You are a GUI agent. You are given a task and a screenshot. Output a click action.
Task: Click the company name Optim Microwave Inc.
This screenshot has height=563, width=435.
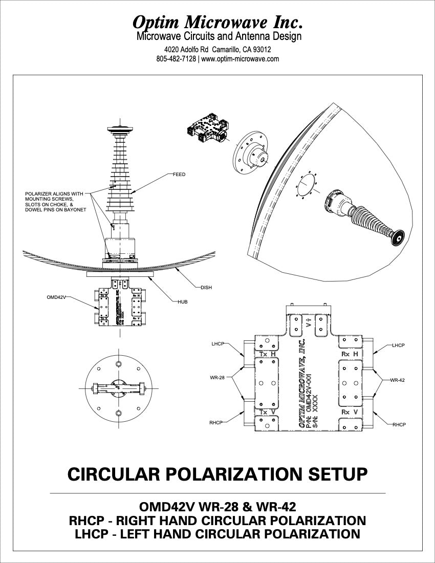(217, 21)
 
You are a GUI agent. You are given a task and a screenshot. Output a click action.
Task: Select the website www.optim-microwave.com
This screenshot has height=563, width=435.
(240, 59)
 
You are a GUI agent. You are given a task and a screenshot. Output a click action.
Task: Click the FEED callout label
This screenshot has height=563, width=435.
(179, 175)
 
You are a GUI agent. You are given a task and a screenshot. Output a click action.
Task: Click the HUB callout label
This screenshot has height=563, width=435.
(183, 302)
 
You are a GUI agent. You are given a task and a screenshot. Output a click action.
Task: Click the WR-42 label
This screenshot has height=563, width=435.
(398, 380)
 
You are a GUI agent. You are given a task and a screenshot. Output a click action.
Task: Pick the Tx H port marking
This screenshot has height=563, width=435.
(267, 354)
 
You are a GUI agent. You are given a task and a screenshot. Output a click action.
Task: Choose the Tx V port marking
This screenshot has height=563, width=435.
(267, 412)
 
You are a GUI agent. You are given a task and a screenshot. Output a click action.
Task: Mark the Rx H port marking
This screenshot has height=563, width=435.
(349, 354)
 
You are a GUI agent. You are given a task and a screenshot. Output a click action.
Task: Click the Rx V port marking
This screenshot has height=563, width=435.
(349, 412)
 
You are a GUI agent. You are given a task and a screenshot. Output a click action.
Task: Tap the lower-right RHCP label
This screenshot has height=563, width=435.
(399, 425)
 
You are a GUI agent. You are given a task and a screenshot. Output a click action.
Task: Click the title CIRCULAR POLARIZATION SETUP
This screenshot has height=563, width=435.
(217, 474)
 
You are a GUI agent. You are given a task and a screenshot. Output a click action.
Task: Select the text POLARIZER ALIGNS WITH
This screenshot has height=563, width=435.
(54, 194)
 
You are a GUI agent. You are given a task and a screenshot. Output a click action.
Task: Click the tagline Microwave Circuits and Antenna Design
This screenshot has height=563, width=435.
(219, 36)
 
